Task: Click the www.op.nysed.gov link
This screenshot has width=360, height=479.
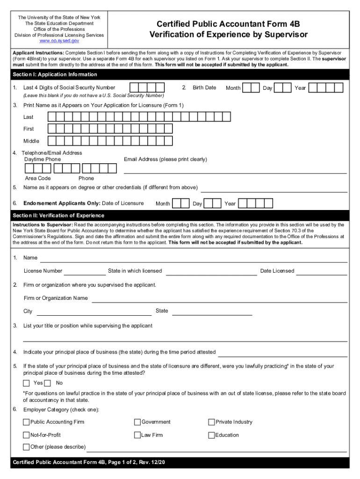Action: (x=59, y=41)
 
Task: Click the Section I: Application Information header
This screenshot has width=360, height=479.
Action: (x=55, y=75)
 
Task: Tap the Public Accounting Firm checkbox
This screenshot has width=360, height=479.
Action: (x=26, y=422)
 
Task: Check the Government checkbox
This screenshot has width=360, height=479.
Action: (x=137, y=422)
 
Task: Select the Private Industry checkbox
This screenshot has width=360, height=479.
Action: (x=211, y=422)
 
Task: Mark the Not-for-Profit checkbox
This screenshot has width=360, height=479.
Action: (x=26, y=435)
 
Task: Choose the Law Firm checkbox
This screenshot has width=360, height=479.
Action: (x=137, y=435)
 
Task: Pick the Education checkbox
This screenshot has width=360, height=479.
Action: (x=211, y=435)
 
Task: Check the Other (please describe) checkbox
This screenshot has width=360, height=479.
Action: (x=26, y=447)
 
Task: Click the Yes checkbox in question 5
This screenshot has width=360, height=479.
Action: (x=27, y=383)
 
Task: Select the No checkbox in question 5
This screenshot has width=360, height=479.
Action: (x=48, y=383)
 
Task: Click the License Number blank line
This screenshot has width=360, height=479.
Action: (x=85, y=273)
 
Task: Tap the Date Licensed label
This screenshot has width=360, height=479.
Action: (x=277, y=271)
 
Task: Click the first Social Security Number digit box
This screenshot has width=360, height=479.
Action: (x=134, y=87)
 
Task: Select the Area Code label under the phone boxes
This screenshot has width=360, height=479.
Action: (x=38, y=178)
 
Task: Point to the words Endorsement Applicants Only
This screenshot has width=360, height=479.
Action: (x=62, y=203)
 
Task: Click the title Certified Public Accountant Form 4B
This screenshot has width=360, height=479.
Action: (x=228, y=24)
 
